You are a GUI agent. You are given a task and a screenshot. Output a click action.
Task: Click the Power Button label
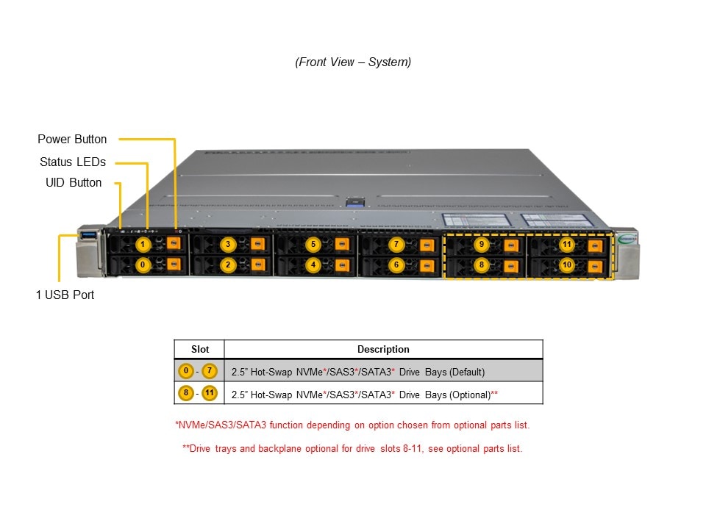pyautogui.click(x=72, y=139)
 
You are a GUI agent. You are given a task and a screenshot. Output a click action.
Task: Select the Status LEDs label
pyautogui.click(x=73, y=162)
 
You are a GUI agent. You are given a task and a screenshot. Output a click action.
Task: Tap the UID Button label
pyautogui.click(x=74, y=182)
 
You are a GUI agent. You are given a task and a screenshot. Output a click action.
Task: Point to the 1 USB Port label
pyautogui.click(x=65, y=295)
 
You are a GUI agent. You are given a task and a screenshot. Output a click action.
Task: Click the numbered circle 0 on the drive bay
pyautogui.click(x=144, y=264)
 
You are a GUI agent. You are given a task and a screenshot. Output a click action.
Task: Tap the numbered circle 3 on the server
pyautogui.click(x=228, y=244)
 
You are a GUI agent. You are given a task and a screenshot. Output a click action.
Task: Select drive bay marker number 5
pyautogui.click(x=313, y=244)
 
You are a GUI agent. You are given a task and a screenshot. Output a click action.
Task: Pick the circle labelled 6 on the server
pyautogui.click(x=396, y=264)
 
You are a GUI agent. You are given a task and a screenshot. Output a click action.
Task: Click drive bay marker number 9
pyautogui.click(x=482, y=244)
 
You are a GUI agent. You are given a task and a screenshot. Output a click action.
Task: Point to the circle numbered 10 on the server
pyautogui.click(x=566, y=264)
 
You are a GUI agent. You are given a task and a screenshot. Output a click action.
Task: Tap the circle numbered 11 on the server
pyautogui.click(x=566, y=244)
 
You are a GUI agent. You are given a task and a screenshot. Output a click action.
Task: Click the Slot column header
pyautogui.click(x=199, y=349)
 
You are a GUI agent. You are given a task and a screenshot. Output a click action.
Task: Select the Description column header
pyautogui.click(x=383, y=349)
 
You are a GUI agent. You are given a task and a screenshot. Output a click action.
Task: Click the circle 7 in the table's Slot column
pyautogui.click(x=210, y=371)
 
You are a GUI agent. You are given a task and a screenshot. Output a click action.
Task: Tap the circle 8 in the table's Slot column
pyautogui.click(x=187, y=394)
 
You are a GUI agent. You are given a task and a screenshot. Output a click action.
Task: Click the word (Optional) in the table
pyautogui.click(x=468, y=395)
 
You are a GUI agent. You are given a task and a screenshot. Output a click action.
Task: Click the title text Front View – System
pyautogui.click(x=353, y=62)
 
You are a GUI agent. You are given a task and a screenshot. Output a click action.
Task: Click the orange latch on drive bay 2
pyautogui.click(x=258, y=264)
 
